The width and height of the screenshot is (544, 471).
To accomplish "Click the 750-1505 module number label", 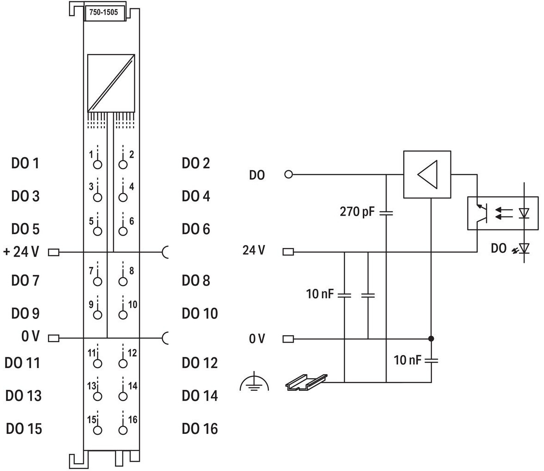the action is (104, 13).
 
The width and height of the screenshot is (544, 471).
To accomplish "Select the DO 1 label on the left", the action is (25, 163).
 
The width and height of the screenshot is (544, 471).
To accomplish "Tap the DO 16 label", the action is (200, 429).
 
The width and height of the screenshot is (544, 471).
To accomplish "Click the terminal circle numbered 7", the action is (98, 281).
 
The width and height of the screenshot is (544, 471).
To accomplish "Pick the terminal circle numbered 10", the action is (123, 315).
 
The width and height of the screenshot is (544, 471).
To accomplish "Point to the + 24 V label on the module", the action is (21, 252).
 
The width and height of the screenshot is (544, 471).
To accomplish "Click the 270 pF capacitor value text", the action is (357, 211).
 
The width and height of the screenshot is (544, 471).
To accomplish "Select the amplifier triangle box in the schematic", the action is (427, 175).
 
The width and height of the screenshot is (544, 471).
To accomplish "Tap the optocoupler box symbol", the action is (503, 213).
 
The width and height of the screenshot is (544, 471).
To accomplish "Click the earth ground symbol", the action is (254, 383).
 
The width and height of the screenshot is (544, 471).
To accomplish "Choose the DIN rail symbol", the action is (306, 382).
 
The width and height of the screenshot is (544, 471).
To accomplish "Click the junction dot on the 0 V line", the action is (431, 338).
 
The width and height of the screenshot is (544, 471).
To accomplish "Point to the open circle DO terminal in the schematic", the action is (288, 174).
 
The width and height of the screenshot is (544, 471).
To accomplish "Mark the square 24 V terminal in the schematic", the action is (288, 252).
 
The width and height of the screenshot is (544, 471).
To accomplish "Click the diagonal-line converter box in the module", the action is (111, 83).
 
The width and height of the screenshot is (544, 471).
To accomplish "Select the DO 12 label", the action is (200, 363).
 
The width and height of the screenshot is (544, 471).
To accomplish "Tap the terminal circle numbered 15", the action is (98, 430).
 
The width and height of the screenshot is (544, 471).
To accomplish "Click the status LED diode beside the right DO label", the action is (524, 248).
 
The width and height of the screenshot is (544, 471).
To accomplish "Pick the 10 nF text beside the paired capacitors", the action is (320, 294).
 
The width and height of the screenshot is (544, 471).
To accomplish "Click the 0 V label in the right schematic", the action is (257, 339).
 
